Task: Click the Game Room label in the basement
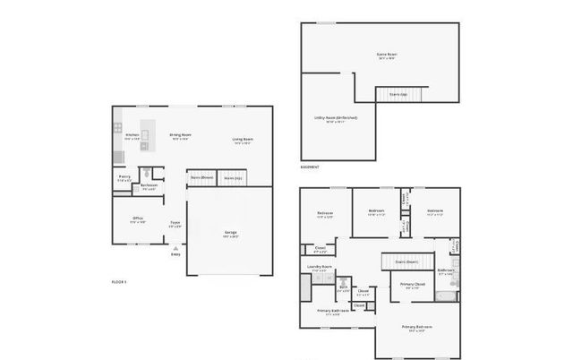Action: (386, 55)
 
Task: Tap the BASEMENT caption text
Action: (311, 167)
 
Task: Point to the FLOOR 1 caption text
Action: (119, 281)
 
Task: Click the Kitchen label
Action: (132, 137)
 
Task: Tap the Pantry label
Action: (124, 178)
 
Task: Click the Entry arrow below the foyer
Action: (175, 248)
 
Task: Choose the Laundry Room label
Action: (320, 268)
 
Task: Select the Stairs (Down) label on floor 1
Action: (201, 177)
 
